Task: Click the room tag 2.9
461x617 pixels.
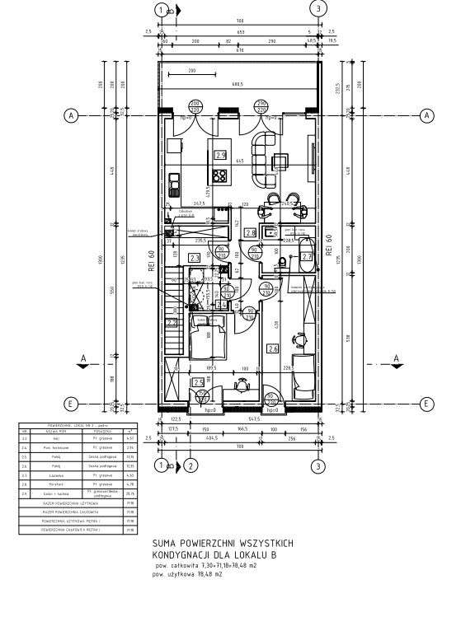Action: (x=219, y=154)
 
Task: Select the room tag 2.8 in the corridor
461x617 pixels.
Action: (x=251, y=233)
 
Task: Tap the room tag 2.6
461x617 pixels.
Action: (x=273, y=348)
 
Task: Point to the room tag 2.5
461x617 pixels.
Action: (x=198, y=382)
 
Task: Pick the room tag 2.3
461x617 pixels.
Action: (x=195, y=258)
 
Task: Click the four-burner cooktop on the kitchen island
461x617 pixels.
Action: (x=219, y=175)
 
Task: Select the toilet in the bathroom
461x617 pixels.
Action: (x=282, y=262)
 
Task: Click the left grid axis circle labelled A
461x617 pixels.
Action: (x=72, y=116)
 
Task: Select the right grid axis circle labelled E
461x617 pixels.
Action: (x=427, y=404)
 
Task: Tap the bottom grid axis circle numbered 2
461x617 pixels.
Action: (x=191, y=466)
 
